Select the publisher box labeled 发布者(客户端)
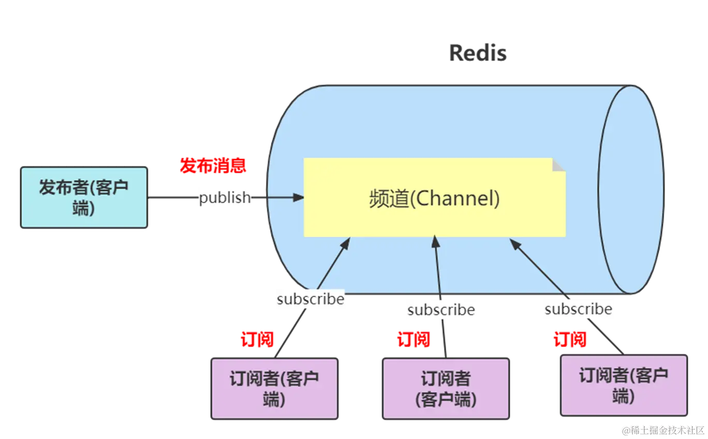coord(84,198)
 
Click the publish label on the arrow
coord(224,198)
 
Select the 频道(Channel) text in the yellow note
coord(434,198)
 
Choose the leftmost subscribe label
coord(310,299)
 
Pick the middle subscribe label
coord(440,310)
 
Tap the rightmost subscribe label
coord(578,309)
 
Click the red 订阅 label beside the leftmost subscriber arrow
coord(257,339)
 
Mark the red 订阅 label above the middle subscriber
coord(414,339)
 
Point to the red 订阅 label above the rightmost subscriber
coord(570,340)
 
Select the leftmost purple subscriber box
coord(274,388)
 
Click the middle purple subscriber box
coord(445,388)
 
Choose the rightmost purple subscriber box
coord(624,385)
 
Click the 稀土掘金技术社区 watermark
coord(663,430)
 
